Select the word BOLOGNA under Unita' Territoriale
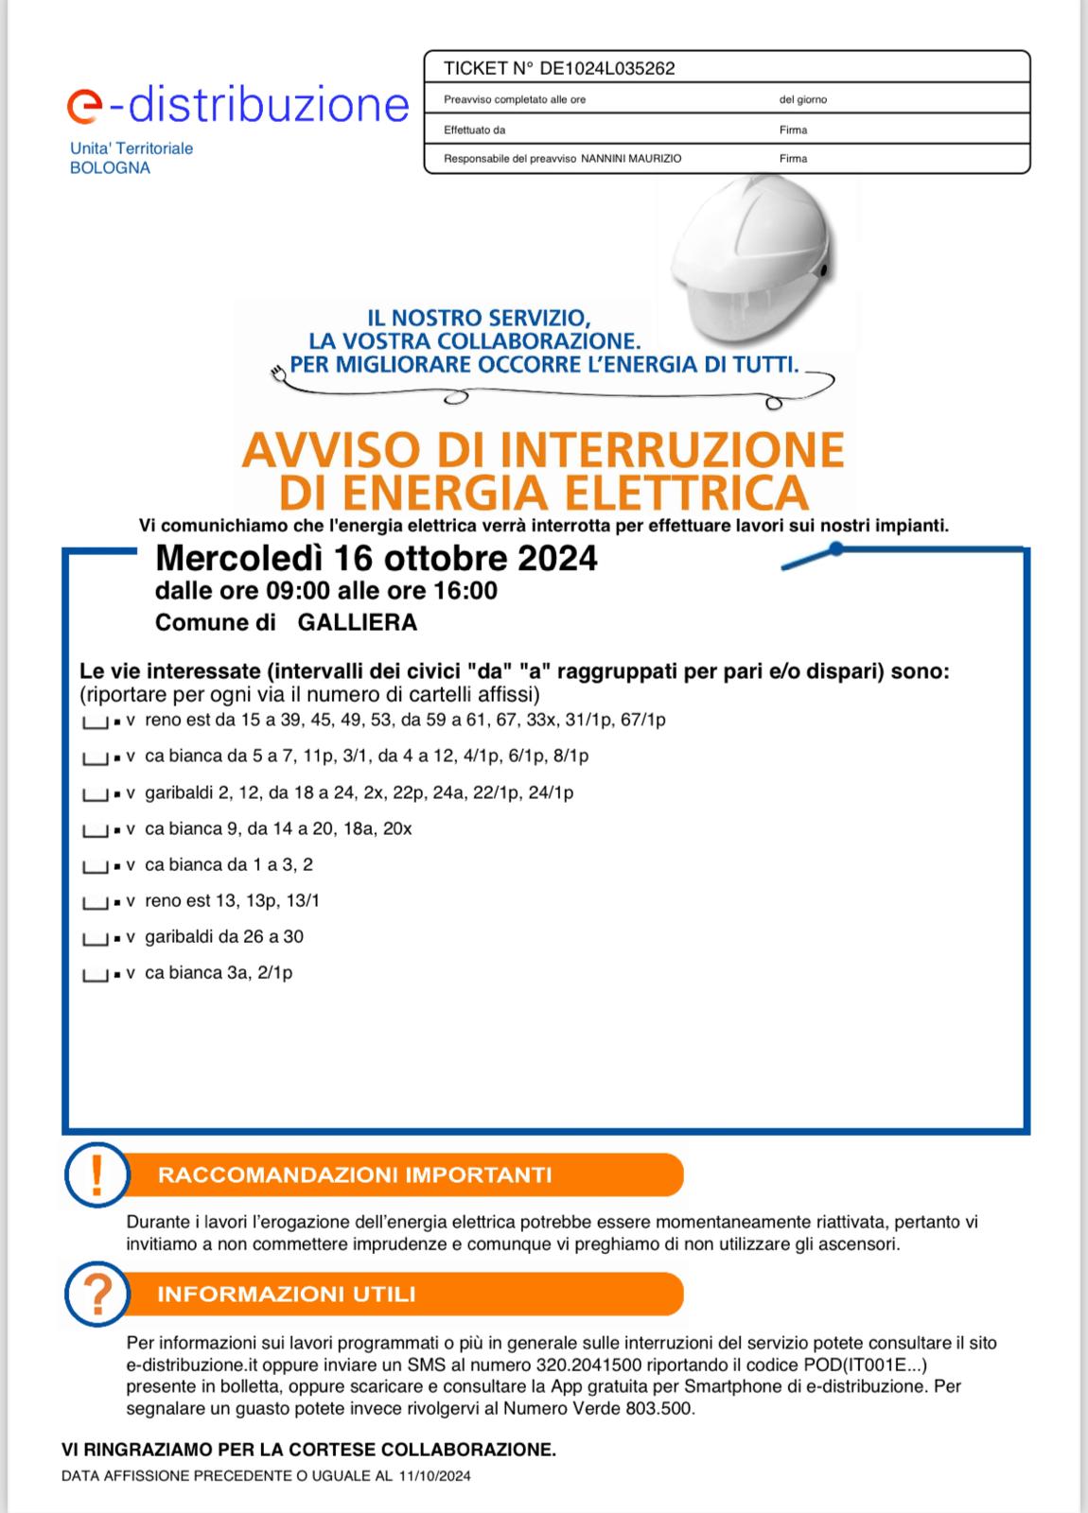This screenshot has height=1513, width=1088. [x=110, y=168]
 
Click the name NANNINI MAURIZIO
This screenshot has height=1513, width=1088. [x=630, y=159]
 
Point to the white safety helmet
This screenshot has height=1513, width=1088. [x=752, y=266]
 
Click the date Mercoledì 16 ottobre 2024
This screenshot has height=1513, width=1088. [x=376, y=558]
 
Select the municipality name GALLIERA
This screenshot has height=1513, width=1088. [x=357, y=622]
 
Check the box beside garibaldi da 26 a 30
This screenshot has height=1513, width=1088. [x=95, y=939]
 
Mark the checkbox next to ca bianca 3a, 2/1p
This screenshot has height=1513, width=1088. [x=95, y=975]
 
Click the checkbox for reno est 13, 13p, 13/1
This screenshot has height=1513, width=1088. [x=95, y=903]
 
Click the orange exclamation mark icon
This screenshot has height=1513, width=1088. [x=96, y=1175]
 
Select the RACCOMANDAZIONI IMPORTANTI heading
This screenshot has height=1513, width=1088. [x=355, y=1175]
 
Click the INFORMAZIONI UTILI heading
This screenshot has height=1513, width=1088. [x=287, y=1294]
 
